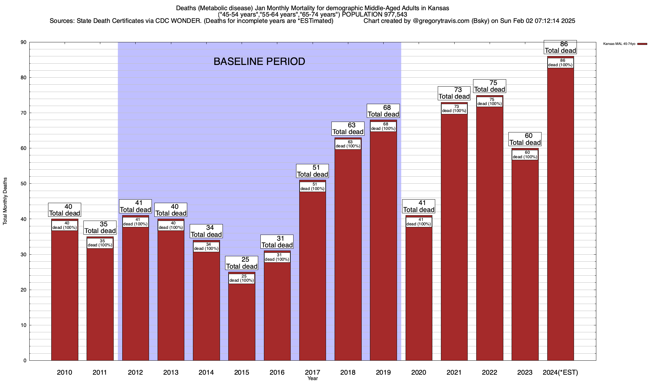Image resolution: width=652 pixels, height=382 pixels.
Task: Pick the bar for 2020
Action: click(x=419, y=293)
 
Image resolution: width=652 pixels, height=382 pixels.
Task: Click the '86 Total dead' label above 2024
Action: click(x=560, y=47)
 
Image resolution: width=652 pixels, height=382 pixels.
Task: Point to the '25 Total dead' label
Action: click(x=242, y=263)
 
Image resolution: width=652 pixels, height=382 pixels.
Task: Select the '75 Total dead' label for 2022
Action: click(x=490, y=86)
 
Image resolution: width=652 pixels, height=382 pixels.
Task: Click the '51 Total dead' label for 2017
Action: click(x=312, y=171)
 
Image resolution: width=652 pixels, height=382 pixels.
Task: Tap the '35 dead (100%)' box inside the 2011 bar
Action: click(x=100, y=243)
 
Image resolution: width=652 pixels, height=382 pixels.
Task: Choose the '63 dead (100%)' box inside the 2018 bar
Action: click(x=348, y=144)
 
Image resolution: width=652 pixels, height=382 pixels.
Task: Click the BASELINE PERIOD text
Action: click(x=259, y=61)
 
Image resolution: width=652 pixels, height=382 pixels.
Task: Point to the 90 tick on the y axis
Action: click(x=24, y=42)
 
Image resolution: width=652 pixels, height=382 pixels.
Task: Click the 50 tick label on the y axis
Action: click(x=24, y=184)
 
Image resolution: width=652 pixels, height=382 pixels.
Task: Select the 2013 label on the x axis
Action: click(x=171, y=372)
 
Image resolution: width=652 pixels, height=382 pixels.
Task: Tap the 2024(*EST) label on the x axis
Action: click(x=560, y=372)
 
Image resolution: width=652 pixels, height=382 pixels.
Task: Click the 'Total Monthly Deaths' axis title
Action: click(x=5, y=201)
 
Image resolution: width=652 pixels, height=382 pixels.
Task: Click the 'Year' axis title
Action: click(x=313, y=378)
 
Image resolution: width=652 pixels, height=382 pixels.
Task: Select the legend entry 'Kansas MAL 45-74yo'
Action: click(x=619, y=44)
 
